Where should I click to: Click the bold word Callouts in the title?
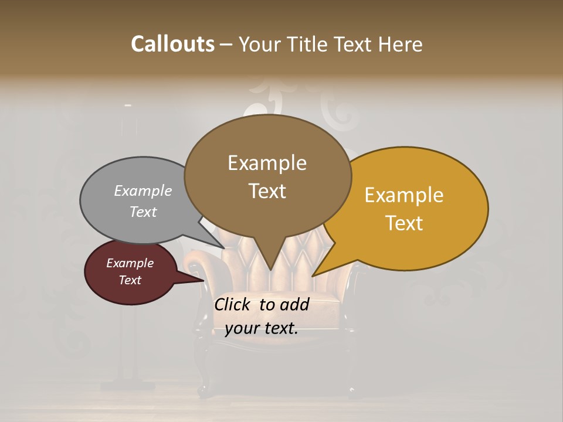tap(172, 44)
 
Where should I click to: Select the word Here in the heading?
tap(400, 44)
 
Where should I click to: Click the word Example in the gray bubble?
tap(143, 190)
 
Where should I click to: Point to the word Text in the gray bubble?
tap(143, 212)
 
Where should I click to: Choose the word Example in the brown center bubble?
tap(267, 163)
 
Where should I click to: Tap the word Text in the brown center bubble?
tap(267, 191)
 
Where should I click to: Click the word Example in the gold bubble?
tap(404, 195)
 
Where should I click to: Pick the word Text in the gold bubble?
tap(404, 223)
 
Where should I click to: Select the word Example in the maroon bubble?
tap(130, 263)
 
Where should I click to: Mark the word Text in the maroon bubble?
tap(130, 280)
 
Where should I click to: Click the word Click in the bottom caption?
tap(235, 304)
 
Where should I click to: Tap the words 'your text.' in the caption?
tap(262, 329)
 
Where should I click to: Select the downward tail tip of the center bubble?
tap(270, 270)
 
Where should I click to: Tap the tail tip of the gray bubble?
tap(225, 248)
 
